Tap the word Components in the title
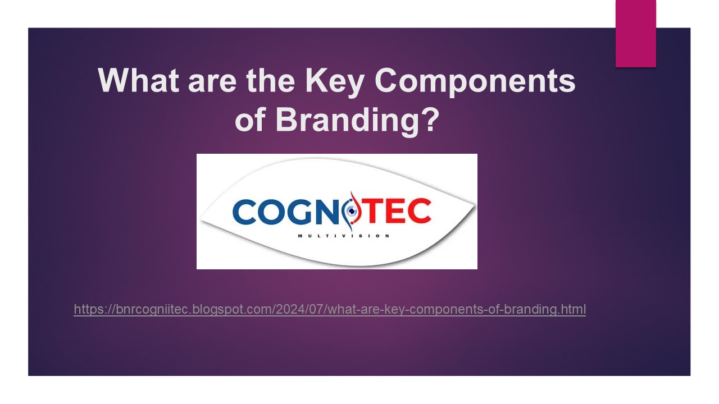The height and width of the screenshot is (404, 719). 475,80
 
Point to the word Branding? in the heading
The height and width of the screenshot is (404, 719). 356,120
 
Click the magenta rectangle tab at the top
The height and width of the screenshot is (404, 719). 635,33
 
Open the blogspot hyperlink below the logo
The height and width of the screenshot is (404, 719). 330,309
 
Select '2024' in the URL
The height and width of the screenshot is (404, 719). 288,309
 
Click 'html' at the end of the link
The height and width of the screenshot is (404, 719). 575,309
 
